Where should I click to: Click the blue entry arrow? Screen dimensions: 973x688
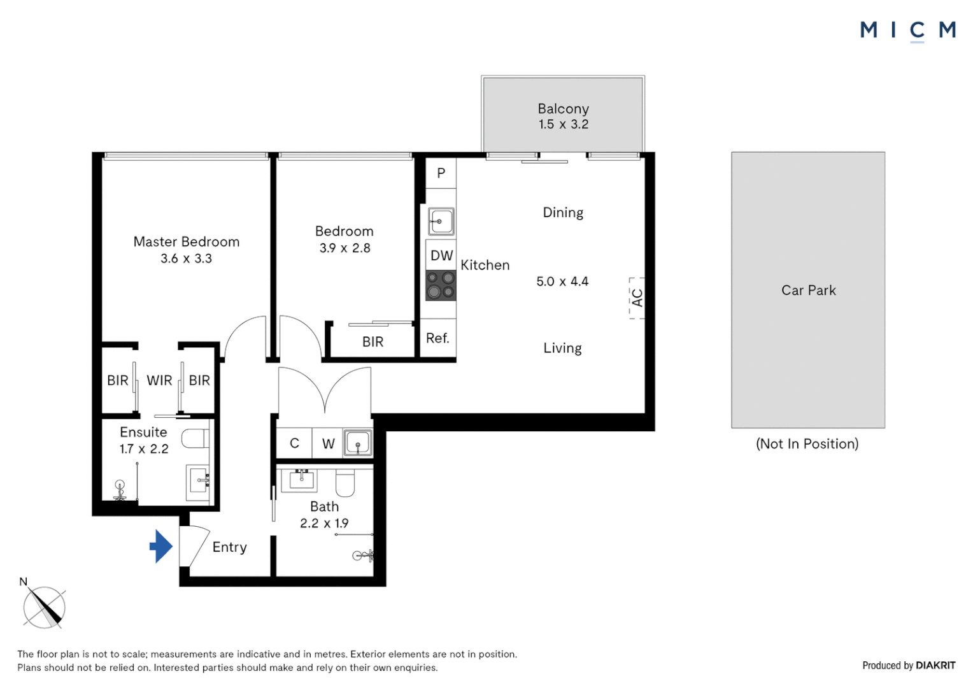click(x=161, y=547)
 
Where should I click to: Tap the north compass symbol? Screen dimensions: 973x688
click(x=44, y=606)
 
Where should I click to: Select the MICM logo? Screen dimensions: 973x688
click(x=908, y=32)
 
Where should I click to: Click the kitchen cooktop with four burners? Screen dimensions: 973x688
click(x=441, y=285)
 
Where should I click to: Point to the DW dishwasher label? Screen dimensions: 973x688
click(x=441, y=255)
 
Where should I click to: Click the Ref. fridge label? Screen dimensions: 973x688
click(x=437, y=338)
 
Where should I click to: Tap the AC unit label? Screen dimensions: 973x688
click(x=637, y=297)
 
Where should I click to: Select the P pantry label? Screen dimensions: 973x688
click(x=441, y=173)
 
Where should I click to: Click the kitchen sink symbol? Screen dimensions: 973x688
click(x=441, y=221)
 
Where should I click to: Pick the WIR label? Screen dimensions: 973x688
click(x=159, y=380)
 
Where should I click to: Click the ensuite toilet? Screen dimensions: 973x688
click(x=195, y=438)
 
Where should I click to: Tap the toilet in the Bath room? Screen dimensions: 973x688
click(x=345, y=482)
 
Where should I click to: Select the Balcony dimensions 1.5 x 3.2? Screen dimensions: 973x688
click(x=564, y=124)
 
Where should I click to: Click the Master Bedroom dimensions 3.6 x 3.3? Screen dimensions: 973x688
click(x=186, y=259)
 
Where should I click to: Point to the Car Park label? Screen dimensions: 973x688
click(x=808, y=290)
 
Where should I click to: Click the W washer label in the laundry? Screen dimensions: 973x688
click(x=329, y=443)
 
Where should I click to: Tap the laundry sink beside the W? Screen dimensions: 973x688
click(x=358, y=443)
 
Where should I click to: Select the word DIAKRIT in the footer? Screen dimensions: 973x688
click(x=935, y=666)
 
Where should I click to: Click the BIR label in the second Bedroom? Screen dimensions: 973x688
click(x=373, y=342)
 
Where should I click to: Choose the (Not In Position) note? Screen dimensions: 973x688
click(x=807, y=444)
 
